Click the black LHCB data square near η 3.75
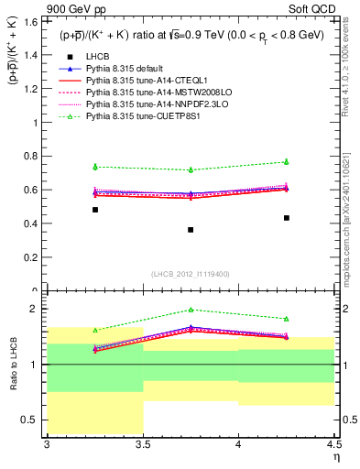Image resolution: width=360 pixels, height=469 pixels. click(191, 230)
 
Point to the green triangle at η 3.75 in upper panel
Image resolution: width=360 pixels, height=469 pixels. click(191, 169)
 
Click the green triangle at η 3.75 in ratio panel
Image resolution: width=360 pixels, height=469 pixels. click(191, 310)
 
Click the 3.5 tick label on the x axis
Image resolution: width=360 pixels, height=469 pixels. click(143, 444)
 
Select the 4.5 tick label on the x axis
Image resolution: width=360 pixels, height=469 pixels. click(333, 444)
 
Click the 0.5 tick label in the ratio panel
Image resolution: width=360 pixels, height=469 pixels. click(32, 420)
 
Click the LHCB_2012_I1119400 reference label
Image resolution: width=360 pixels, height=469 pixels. click(191, 274)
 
